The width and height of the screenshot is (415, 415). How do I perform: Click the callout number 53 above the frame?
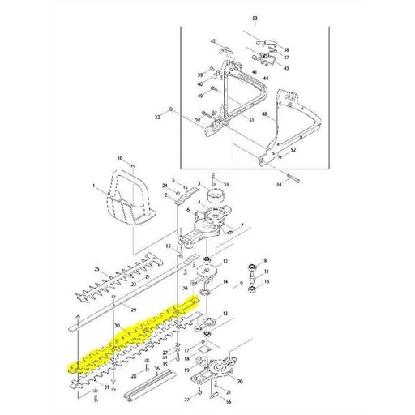tap(255, 18)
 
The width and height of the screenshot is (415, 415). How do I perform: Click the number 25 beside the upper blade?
tap(96, 268)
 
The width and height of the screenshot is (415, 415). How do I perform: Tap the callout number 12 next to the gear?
tap(225, 262)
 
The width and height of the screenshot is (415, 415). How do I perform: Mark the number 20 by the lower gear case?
tap(241, 381)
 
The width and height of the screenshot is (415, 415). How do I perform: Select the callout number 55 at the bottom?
tap(229, 403)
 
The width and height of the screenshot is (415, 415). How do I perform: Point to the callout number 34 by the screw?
tap(279, 185)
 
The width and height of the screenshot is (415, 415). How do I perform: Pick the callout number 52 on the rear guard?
tap(293, 151)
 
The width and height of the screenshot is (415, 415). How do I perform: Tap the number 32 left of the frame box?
tap(156, 117)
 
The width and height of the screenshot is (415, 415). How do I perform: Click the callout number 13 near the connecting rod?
tap(225, 313)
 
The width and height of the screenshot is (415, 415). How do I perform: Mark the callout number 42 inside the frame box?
tap(212, 41)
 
